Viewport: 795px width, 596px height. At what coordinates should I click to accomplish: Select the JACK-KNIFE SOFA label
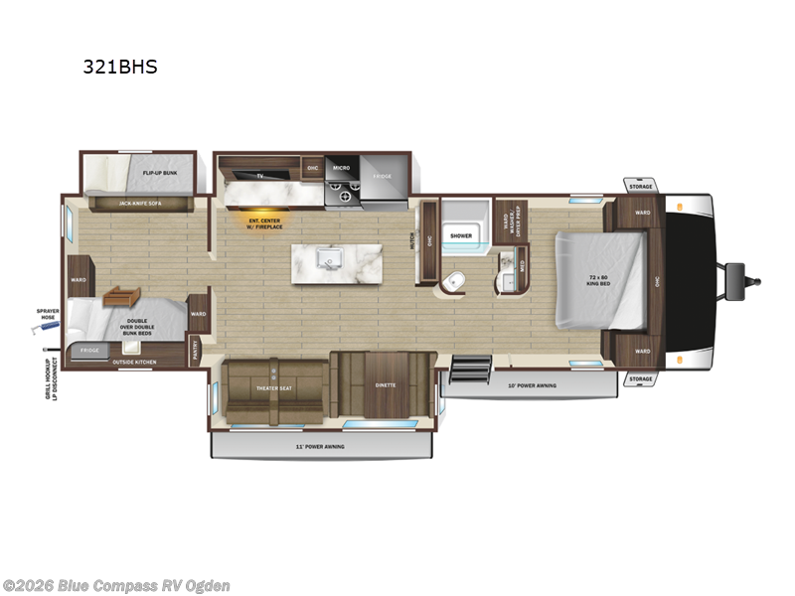point(139,204)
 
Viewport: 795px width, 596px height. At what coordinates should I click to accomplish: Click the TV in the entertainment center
point(260,176)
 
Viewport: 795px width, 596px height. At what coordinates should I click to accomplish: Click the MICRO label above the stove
point(341,167)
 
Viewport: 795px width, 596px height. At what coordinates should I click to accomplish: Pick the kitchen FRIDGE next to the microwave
point(383,176)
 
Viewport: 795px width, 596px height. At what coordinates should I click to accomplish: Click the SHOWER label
point(460,235)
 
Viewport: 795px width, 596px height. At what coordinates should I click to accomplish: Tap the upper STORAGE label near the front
point(641,186)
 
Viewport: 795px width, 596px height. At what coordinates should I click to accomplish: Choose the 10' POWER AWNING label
point(533,385)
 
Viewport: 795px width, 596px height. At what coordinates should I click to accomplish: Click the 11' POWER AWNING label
point(320,447)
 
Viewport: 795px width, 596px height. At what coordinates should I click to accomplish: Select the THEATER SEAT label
point(273,388)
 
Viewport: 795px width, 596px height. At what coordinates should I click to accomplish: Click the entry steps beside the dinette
point(466,370)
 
